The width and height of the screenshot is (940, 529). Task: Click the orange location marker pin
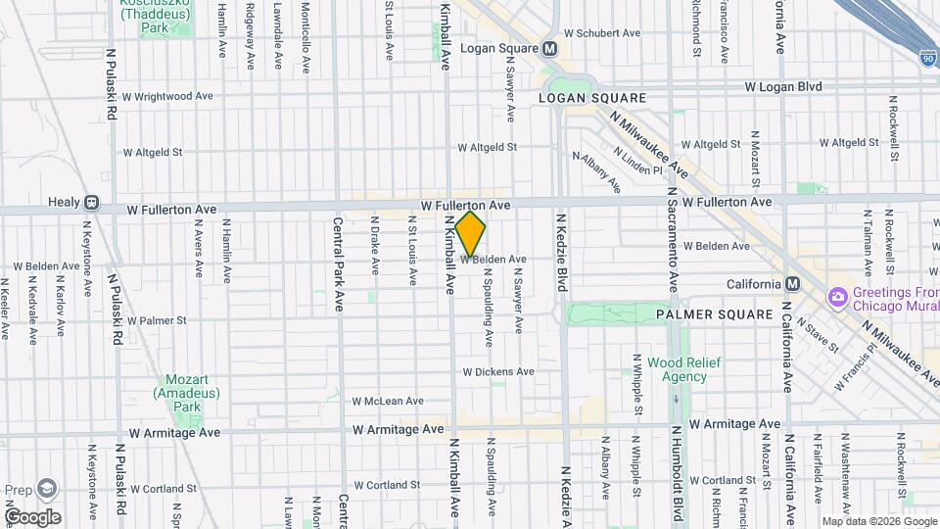pos(471,233)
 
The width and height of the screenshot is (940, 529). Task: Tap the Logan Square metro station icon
pos(550,48)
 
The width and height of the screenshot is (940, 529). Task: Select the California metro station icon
pos(793,283)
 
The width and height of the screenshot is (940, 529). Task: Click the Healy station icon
pos(91,203)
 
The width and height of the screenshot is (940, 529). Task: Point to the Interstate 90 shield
pos(927,58)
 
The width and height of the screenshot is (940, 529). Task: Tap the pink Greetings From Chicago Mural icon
pos(837,296)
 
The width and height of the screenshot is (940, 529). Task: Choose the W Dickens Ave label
pos(498,372)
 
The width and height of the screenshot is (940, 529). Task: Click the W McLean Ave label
pos(388,401)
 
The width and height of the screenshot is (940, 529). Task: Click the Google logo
pos(31,517)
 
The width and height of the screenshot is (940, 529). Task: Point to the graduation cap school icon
pos(47,489)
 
